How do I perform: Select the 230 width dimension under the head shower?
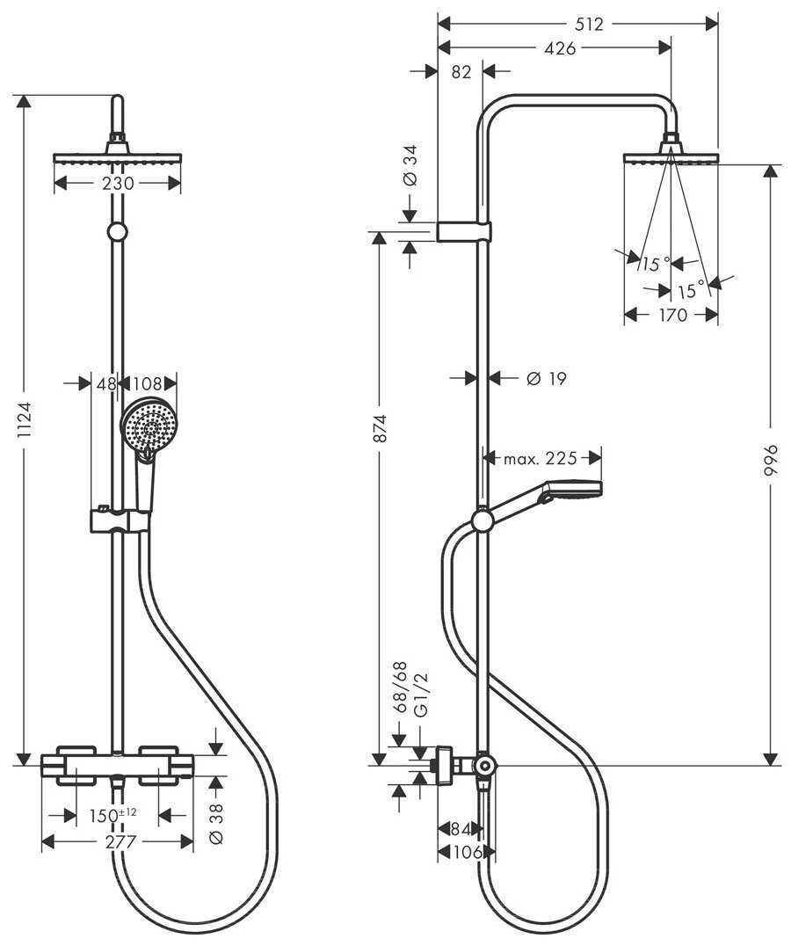click(118, 184)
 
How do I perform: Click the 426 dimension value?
click(560, 48)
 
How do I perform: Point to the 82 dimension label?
click(461, 73)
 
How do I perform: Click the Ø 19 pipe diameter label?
click(546, 379)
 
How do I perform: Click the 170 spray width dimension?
click(672, 315)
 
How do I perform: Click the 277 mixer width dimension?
click(120, 841)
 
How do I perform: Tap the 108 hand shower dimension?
click(149, 384)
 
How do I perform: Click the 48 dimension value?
click(106, 384)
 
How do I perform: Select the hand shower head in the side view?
click(571, 490)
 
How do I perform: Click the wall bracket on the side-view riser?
click(463, 232)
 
